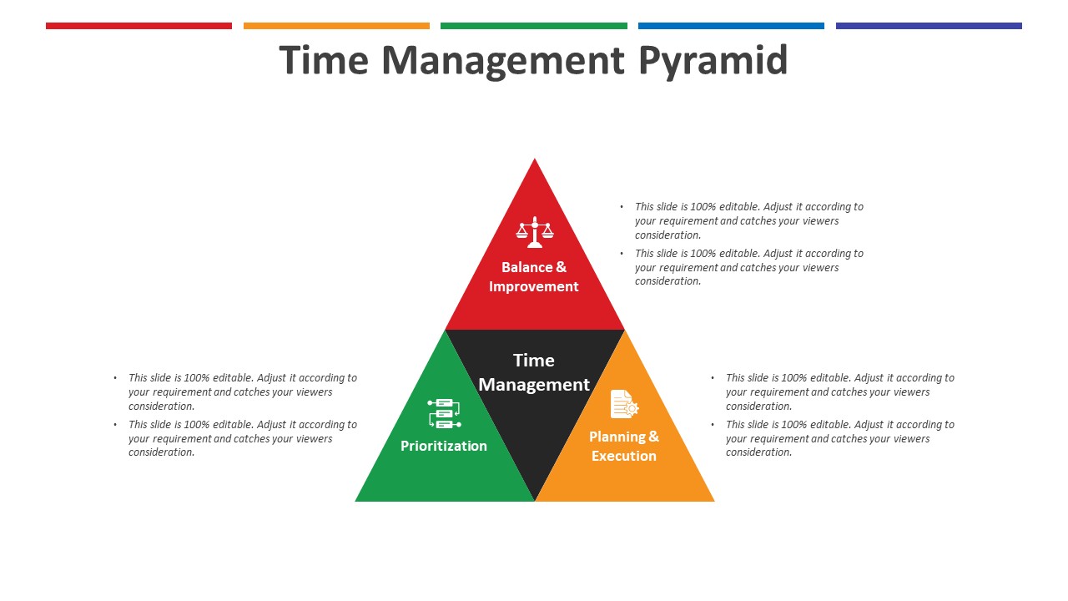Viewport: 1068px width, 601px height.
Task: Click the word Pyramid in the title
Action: point(713,62)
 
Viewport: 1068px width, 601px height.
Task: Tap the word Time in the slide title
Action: point(324,60)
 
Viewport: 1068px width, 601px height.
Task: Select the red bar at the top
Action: point(139,26)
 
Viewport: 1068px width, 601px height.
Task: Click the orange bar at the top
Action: point(336,26)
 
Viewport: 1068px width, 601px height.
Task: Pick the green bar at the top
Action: point(534,26)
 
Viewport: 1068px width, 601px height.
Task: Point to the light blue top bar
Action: point(732,26)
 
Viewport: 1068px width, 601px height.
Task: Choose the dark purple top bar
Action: point(929,26)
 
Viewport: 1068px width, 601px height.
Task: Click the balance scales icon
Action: point(535,232)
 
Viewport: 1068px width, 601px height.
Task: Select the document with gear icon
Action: point(624,405)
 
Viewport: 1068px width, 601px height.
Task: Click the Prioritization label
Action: point(444,446)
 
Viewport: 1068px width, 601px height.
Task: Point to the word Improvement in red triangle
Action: point(533,286)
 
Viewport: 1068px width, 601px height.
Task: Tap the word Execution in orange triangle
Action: point(624,456)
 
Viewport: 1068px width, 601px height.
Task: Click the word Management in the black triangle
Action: point(534,385)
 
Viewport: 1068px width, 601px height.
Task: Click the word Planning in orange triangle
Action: point(617,437)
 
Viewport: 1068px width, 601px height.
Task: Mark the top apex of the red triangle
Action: point(535,159)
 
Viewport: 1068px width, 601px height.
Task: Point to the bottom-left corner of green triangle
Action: point(355,501)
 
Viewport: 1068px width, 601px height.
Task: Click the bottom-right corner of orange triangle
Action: point(713,501)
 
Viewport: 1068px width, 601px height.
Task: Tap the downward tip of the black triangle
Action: point(535,500)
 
